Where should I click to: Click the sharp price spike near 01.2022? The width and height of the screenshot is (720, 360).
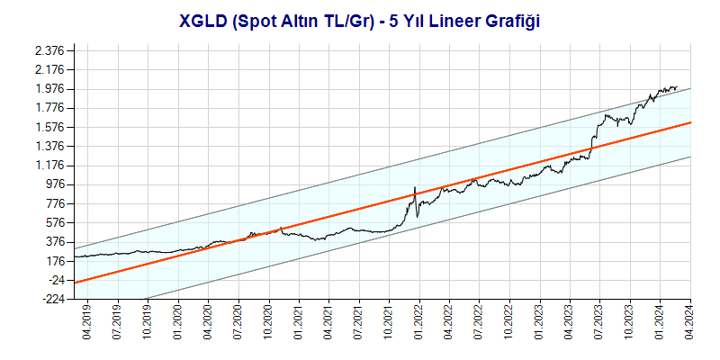[414, 187]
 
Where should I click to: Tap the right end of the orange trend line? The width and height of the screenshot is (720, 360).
[690, 121]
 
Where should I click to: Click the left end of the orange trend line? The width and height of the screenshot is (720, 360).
[75, 283]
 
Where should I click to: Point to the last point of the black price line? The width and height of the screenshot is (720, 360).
[676, 87]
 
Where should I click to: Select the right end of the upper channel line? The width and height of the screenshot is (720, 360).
[690, 88]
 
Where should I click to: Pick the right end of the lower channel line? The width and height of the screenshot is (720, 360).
[690, 156]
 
